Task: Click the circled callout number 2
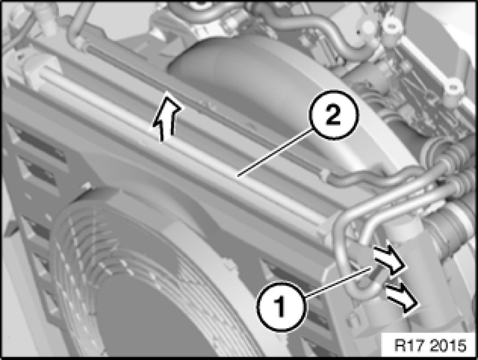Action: tap(333, 115)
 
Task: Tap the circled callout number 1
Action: tap(280, 306)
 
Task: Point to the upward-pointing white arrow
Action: tap(166, 117)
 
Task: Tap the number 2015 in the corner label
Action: tap(449, 345)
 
